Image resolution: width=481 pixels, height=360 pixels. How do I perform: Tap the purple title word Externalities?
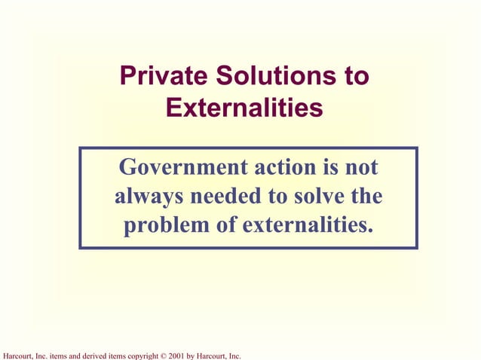point(244,108)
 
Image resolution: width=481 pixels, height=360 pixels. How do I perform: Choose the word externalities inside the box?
point(308,225)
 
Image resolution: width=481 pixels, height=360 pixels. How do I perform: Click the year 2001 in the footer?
point(177,355)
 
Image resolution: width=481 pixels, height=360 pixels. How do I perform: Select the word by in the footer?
point(193,355)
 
